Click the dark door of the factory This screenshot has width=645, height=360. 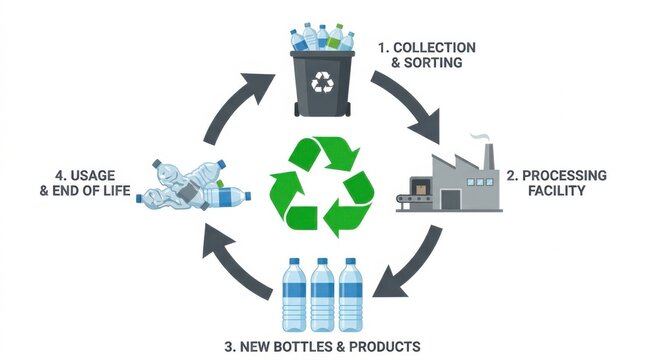click(450, 199)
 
